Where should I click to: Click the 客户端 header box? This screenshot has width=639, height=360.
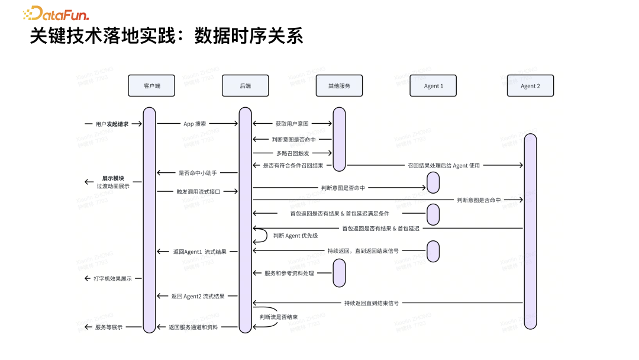coord(151,86)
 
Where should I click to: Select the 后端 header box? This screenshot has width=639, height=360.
coord(245,86)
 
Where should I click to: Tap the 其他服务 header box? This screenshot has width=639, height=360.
coord(339,86)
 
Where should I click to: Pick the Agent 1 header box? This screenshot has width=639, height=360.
coord(433,86)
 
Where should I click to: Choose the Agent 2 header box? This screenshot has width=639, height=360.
coord(530,86)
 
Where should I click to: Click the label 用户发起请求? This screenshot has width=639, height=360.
coord(112,124)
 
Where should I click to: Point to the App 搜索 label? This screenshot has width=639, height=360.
coord(195,124)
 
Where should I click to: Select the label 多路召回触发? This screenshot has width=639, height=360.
coord(292,153)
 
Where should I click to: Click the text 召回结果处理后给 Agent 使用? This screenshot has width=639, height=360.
coord(443,166)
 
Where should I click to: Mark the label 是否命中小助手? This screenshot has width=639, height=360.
coord(198,173)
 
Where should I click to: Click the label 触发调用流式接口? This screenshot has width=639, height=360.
coord(198,191)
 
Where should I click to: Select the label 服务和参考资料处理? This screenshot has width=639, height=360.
coord(289,273)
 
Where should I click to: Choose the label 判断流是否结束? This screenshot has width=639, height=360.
coord(278,317)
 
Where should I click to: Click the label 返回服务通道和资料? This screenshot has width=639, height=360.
coord(193,327)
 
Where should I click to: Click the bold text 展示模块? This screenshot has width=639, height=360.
coord(113,178)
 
